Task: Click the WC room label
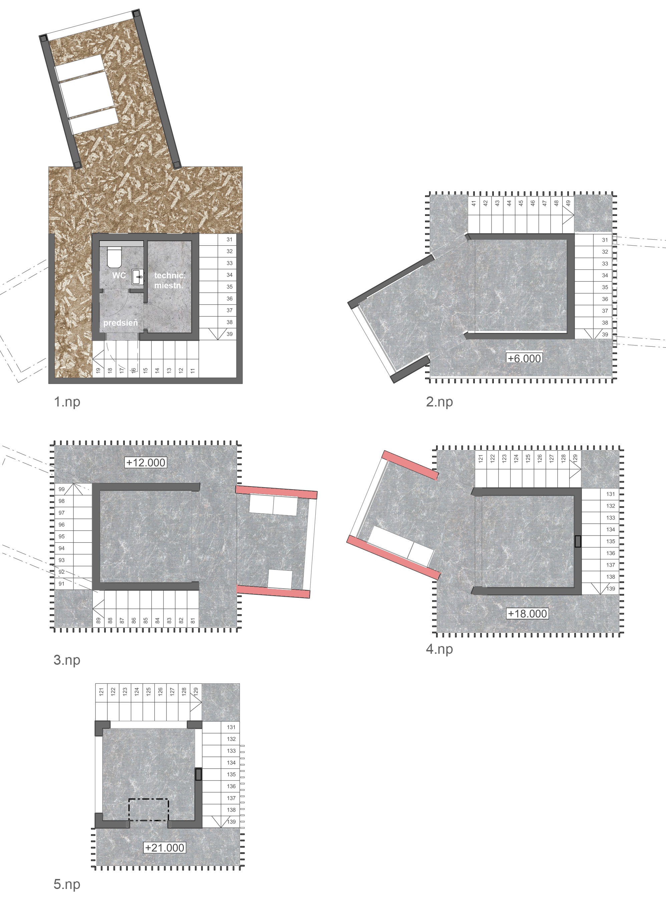pos(119,275)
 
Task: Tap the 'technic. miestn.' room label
pos(169,280)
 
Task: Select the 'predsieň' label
pos(120,322)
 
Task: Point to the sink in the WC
pos(138,277)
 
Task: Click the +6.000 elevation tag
pos(524,358)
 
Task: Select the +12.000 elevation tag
pos(145,463)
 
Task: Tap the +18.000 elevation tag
pos(527,614)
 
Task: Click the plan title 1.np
pos(67,402)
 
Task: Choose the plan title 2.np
pos(439,402)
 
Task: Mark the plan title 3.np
pos(67,660)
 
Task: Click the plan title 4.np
pos(439,649)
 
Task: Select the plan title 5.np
pos(67,884)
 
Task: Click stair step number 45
pos(521,203)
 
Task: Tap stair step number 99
pos(62,489)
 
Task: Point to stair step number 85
pos(145,620)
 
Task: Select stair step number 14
pos(157,370)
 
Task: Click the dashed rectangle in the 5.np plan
pos(148,810)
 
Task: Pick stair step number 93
pos(62,560)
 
